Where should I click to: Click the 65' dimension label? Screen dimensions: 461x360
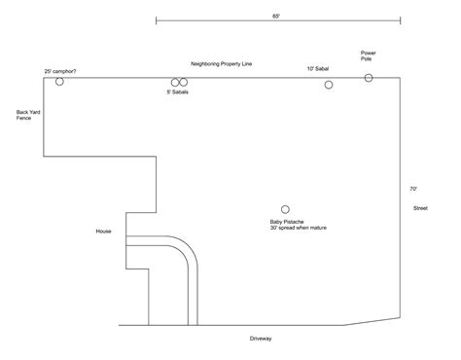click(x=277, y=17)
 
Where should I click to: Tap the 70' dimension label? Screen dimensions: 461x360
click(x=412, y=189)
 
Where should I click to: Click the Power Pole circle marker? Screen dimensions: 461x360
click(x=369, y=78)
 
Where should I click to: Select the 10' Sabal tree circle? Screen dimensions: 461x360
click(x=329, y=86)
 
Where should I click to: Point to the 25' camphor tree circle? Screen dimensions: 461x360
click(x=59, y=82)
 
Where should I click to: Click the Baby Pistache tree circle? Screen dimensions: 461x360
click(x=285, y=209)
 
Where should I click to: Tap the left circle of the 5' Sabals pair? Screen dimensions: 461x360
click(x=175, y=83)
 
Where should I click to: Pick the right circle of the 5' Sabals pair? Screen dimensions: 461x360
click(x=183, y=83)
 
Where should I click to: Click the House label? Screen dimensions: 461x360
click(x=103, y=232)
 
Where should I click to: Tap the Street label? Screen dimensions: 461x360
click(x=420, y=208)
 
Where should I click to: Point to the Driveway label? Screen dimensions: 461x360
click(x=260, y=339)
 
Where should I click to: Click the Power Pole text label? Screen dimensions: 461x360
click(x=369, y=56)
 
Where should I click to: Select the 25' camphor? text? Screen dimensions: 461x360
click(x=60, y=71)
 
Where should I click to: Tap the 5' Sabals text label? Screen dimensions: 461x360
click(x=180, y=93)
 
